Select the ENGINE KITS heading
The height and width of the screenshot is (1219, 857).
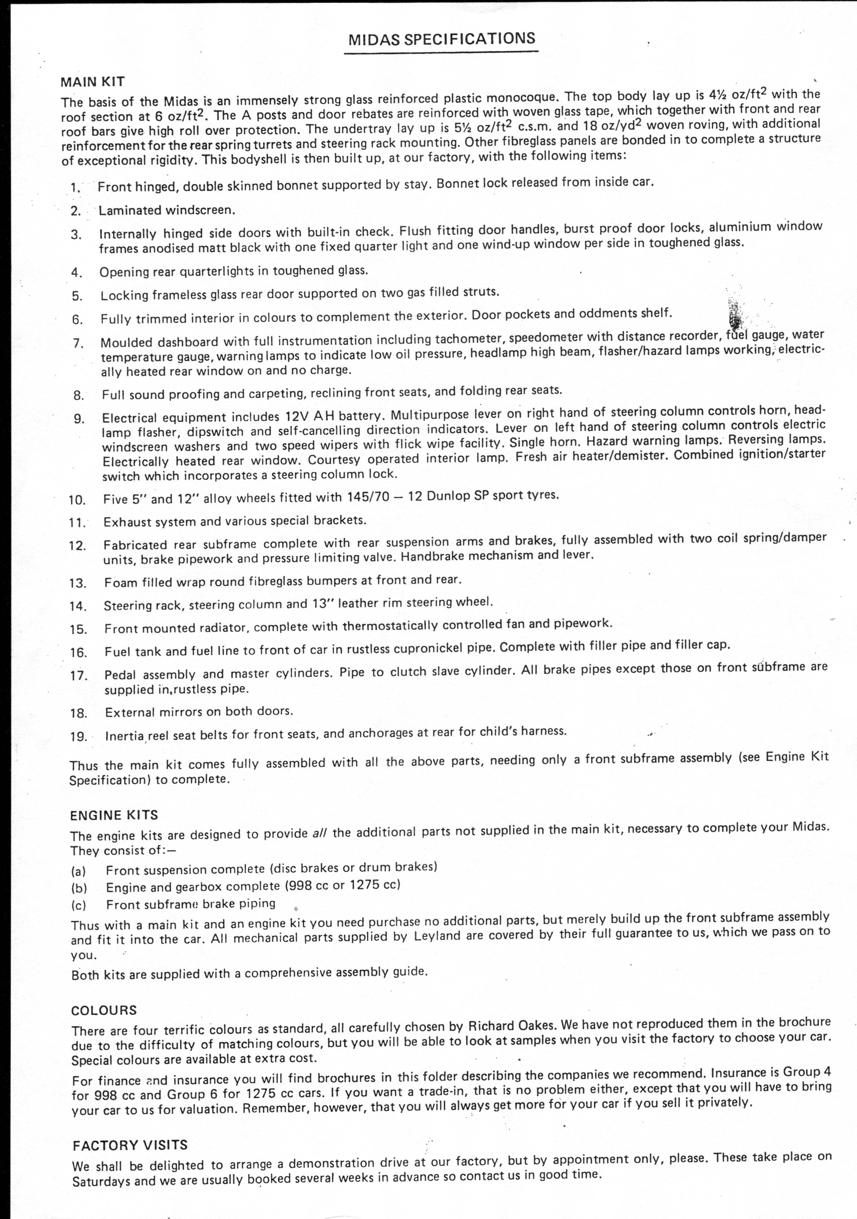[114, 815]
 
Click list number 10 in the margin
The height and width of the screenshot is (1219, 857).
[77, 500]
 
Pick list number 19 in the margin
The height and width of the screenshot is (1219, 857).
[78, 736]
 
